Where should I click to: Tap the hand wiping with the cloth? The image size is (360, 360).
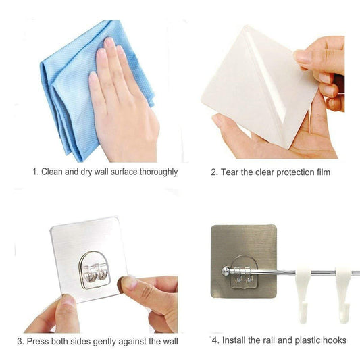tap(122, 101)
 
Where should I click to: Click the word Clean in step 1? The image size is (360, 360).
tap(54, 172)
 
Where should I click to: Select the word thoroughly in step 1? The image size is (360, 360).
tap(157, 172)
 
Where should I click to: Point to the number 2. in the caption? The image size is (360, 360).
tap(214, 172)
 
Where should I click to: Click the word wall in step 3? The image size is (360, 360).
tap(170, 341)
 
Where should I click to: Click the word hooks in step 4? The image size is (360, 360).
tap(334, 340)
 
